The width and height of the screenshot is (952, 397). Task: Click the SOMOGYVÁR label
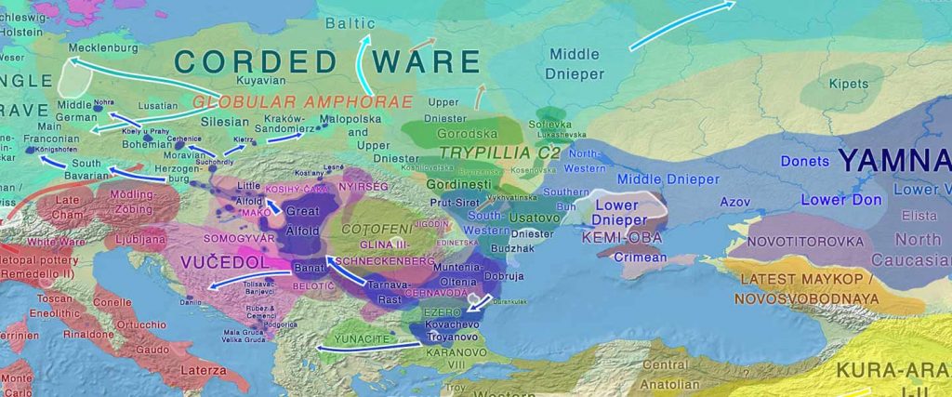coord(215,239)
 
